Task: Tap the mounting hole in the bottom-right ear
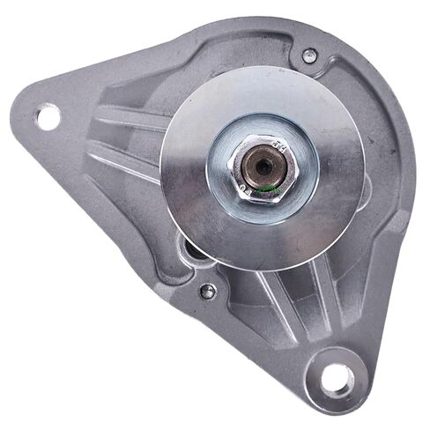point(337,379)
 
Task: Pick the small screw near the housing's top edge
point(309,56)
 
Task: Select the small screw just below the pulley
point(208,291)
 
